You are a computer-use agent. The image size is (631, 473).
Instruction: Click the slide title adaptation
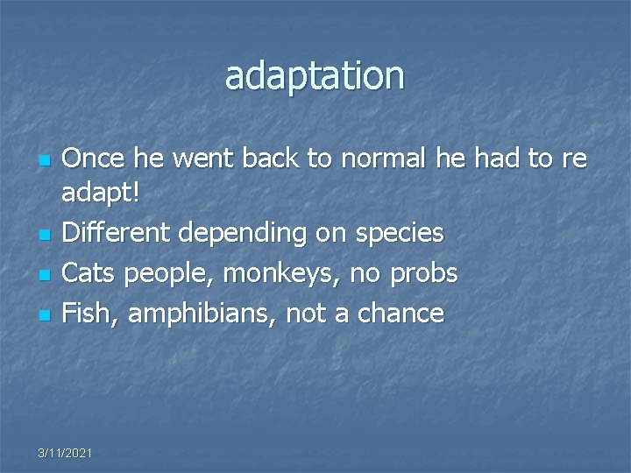[315, 76]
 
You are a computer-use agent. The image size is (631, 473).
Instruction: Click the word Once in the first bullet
[94, 159]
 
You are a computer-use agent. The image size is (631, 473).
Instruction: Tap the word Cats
[91, 273]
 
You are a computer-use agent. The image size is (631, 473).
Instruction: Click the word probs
[425, 274]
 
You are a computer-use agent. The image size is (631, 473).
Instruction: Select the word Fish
[89, 313]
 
